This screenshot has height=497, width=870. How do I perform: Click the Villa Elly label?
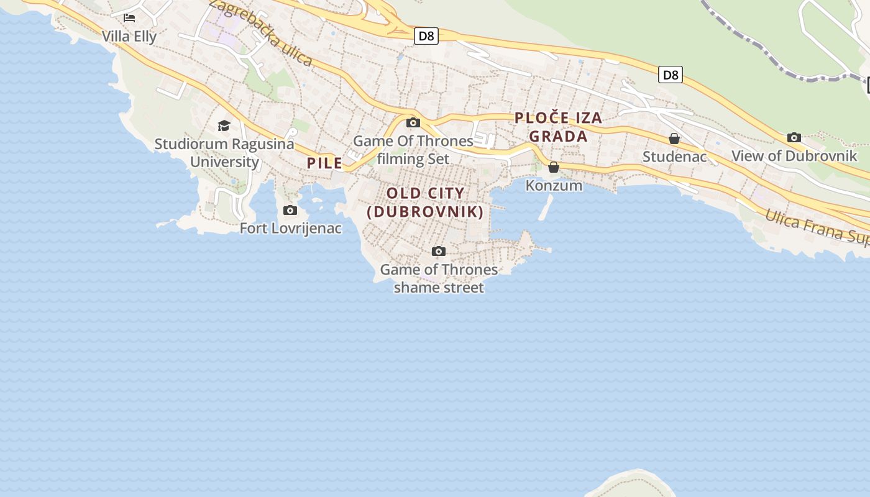(129, 36)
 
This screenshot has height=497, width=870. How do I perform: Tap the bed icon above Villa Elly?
(129, 17)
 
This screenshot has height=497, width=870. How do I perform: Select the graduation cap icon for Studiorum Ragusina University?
(224, 126)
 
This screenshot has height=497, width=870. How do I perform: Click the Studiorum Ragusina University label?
(224, 153)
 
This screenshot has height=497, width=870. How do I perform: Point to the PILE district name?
(324, 163)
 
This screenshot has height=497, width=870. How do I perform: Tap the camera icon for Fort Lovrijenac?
(290, 211)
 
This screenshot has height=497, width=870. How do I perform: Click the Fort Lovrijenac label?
(291, 228)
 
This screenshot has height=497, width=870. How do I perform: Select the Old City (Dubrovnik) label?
(426, 203)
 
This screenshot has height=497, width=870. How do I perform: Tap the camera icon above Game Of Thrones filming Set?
(413, 123)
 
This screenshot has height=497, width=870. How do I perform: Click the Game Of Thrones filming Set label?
(413, 150)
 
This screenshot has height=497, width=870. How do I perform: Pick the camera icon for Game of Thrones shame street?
(439, 252)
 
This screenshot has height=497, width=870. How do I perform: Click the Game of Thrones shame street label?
(439, 278)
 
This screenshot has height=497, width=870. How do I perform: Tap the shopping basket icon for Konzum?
(554, 167)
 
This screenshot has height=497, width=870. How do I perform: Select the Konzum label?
(554, 185)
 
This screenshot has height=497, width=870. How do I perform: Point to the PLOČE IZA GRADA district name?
(559, 127)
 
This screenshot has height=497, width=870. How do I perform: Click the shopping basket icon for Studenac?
(674, 139)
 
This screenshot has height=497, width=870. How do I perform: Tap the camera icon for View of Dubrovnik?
(794, 138)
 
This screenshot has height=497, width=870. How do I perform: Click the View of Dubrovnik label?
(794, 156)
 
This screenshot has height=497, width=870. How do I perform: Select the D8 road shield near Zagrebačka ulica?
(426, 36)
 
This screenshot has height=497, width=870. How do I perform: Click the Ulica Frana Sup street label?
(817, 227)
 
